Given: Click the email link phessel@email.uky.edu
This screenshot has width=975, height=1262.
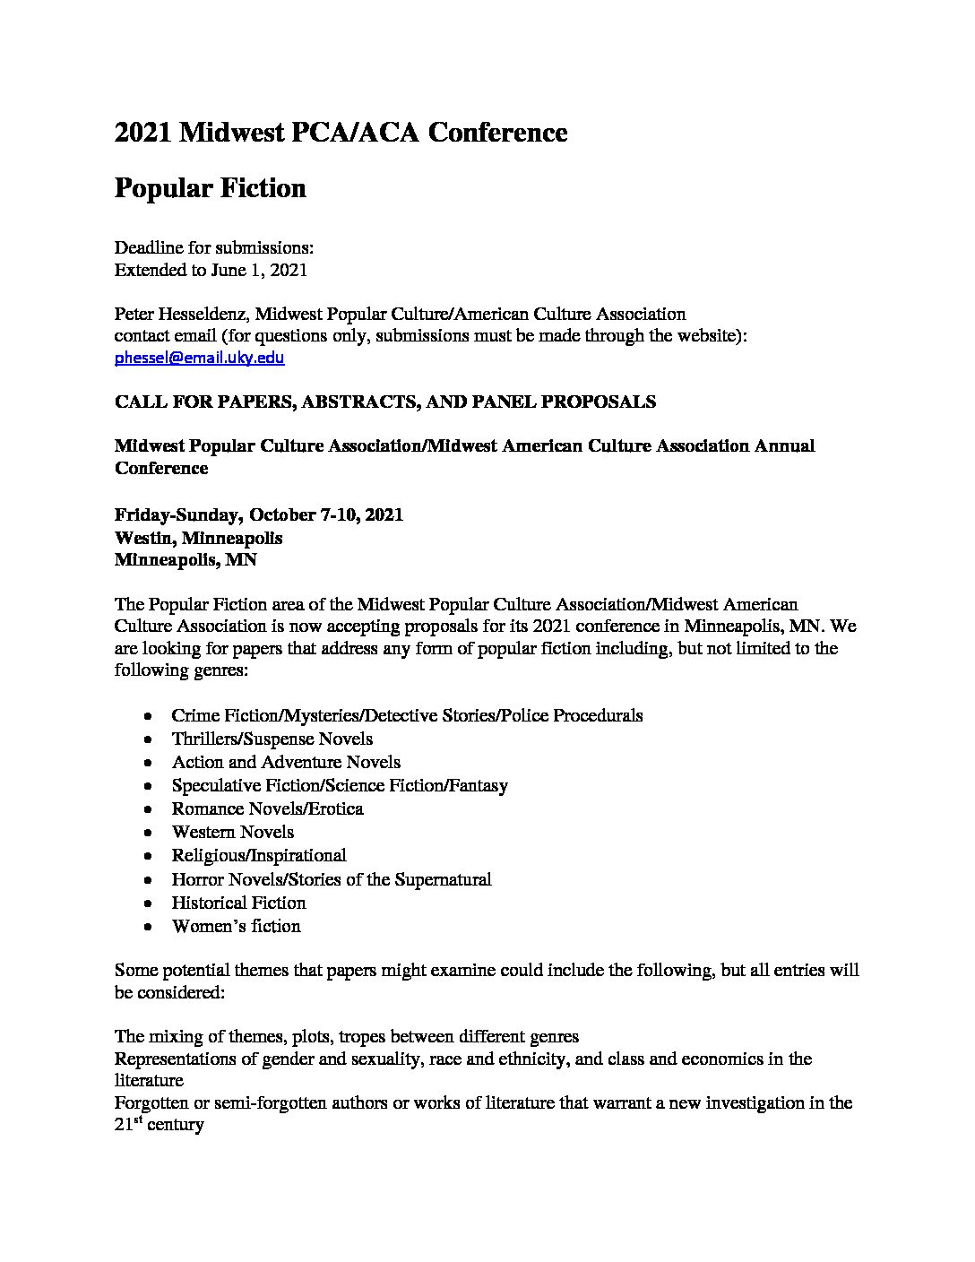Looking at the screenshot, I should (x=199, y=358).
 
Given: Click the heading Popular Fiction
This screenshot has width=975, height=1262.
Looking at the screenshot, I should (x=211, y=188).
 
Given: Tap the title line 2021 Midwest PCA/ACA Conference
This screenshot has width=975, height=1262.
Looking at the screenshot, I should (x=341, y=133).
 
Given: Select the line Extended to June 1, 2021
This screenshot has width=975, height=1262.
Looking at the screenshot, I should (x=211, y=270).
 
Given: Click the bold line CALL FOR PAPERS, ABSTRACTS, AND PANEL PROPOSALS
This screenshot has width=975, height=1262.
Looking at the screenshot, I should (x=385, y=402).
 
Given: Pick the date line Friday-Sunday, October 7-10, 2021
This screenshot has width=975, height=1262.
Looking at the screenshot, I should (x=259, y=515).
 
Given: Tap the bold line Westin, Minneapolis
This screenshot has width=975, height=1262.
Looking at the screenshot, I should (x=198, y=538).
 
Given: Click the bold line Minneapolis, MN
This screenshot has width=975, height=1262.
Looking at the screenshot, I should (x=186, y=560).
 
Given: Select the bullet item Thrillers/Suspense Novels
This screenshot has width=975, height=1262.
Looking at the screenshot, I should (x=272, y=739).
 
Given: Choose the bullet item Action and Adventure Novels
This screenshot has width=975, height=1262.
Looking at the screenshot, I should (x=286, y=762).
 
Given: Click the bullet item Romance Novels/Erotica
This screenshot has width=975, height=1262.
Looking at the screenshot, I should (x=267, y=808).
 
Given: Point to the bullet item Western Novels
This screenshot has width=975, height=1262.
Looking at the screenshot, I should (x=232, y=832).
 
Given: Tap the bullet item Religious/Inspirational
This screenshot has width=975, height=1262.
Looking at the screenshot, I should (x=258, y=855).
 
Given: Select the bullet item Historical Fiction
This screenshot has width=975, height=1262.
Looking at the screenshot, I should (x=238, y=903).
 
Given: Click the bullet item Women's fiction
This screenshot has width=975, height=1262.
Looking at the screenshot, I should (x=236, y=926).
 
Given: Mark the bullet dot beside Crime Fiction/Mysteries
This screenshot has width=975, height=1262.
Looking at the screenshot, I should (x=147, y=716).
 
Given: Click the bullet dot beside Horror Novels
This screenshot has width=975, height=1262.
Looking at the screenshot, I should (x=147, y=880).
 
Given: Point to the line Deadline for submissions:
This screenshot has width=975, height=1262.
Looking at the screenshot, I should (x=213, y=247).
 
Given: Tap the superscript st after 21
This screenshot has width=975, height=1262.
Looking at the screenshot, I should (x=141, y=1119).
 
